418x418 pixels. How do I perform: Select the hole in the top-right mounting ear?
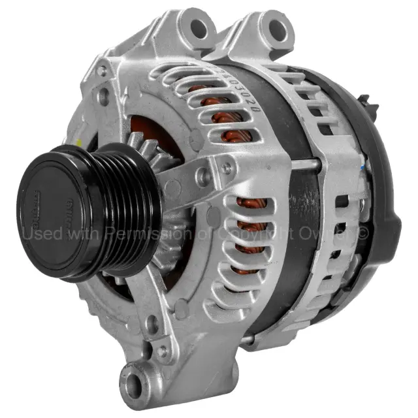(277, 27)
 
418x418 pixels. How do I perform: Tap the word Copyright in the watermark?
(251, 233)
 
